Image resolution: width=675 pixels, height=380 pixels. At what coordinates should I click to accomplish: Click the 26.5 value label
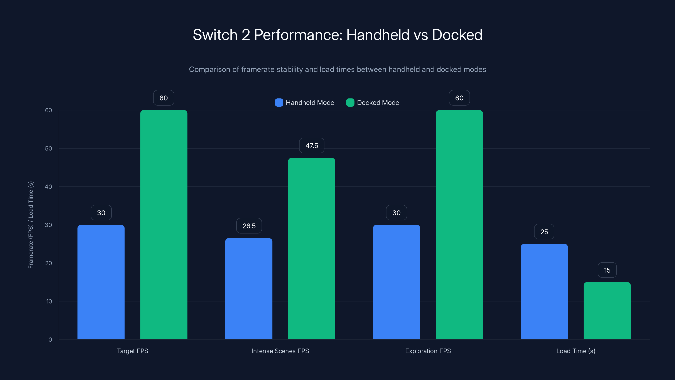coord(249,226)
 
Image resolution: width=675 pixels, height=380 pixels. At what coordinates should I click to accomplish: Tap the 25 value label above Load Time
coord(544,232)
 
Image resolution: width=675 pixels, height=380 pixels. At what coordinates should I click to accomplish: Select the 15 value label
coord(607,270)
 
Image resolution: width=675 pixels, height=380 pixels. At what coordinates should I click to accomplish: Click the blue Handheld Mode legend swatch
coord(279,103)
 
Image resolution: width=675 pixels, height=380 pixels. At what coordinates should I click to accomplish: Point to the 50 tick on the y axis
coord(49,148)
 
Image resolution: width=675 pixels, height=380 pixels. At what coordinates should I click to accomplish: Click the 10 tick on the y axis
coord(49,301)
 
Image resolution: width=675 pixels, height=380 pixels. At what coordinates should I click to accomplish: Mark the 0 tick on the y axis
coord(50,340)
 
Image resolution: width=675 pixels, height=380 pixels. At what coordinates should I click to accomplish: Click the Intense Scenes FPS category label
coord(280,351)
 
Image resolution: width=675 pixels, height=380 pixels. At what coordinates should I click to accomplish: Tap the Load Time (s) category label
coord(576,351)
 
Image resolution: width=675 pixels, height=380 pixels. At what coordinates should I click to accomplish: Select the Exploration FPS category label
coord(428,351)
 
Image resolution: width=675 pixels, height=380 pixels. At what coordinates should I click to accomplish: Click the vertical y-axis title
coord(31,225)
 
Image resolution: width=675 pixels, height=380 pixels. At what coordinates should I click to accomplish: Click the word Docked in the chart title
coord(457,35)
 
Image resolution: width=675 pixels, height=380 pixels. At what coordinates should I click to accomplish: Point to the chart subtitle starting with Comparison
coord(337,69)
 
